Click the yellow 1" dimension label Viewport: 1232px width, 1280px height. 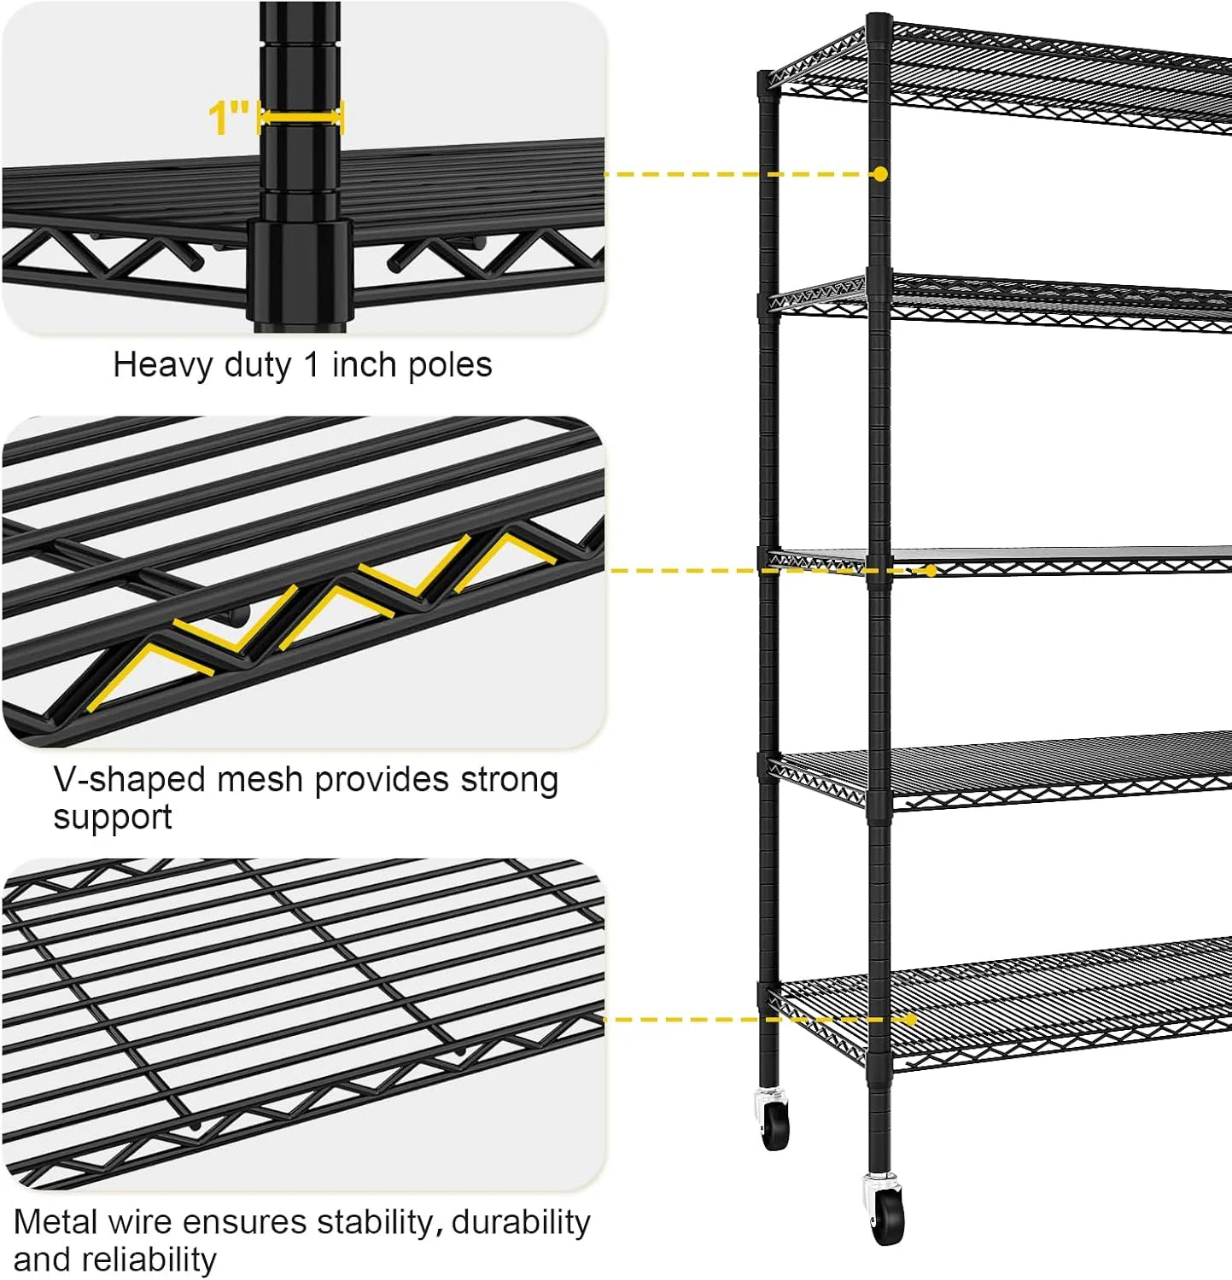tap(230, 117)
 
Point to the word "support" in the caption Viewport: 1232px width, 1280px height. tap(113, 818)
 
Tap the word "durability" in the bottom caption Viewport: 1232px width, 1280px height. tap(521, 1223)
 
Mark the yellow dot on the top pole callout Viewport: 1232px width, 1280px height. tap(880, 174)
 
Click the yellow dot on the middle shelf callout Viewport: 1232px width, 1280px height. tap(931, 570)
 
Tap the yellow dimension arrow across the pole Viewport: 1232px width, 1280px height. tap(301, 117)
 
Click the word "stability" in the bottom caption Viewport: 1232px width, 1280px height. tap(377, 1223)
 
